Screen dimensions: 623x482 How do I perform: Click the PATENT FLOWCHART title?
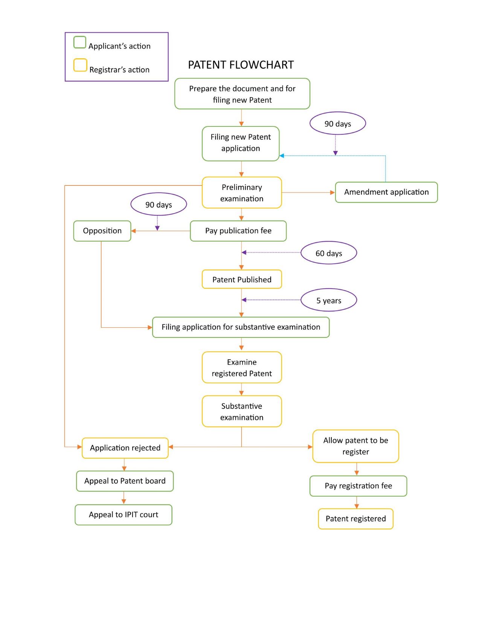241,65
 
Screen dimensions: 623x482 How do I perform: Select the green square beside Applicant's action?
79,42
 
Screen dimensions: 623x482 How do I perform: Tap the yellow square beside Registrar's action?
80,65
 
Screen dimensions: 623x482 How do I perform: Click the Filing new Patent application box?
241,143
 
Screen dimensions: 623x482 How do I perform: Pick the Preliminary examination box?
242,192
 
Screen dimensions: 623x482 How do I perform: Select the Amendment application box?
386,192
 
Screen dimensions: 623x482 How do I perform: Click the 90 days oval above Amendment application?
338,123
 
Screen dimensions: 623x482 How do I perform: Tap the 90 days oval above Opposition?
159,204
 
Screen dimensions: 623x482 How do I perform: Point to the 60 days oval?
329,253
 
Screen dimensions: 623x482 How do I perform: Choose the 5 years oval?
329,300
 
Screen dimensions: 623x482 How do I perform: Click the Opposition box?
102,231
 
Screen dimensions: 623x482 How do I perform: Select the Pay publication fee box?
238,231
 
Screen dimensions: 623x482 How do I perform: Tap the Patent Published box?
242,279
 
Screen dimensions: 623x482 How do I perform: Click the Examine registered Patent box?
242,367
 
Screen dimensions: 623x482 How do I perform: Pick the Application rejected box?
125,448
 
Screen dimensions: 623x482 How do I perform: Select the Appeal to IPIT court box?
124,514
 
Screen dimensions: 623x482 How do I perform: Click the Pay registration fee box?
358,486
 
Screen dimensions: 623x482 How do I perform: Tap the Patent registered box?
355,518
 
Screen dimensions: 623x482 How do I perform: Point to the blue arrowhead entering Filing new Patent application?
282,155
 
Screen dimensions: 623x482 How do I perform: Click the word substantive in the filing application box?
255,327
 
